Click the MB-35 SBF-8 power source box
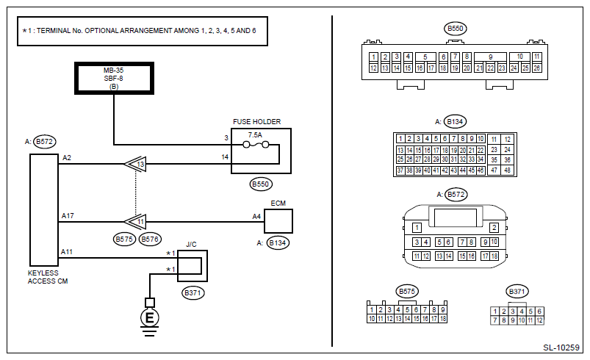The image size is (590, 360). pyautogui.click(x=114, y=78)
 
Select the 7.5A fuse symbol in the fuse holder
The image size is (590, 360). pyautogui.click(x=256, y=145)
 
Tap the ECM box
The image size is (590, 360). pyautogui.click(x=278, y=221)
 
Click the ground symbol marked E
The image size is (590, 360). pyautogui.click(x=149, y=318)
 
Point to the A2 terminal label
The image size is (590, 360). pyautogui.click(x=67, y=158)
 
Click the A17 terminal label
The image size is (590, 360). pyautogui.click(x=68, y=216)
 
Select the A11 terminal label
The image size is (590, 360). pyautogui.click(x=67, y=252)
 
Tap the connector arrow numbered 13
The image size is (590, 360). pyautogui.click(x=135, y=164)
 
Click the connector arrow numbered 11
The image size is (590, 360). pyautogui.click(x=135, y=222)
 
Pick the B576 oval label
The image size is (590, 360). pyautogui.click(x=150, y=240)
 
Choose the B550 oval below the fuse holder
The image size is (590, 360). pyautogui.click(x=261, y=184)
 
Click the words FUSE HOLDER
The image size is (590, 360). pyautogui.click(x=256, y=122)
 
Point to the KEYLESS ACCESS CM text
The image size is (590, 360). pyautogui.click(x=48, y=277)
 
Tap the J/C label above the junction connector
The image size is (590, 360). pyautogui.click(x=191, y=245)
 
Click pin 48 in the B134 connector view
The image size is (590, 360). pyautogui.click(x=507, y=170)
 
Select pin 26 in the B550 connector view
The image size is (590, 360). pyautogui.click(x=537, y=68)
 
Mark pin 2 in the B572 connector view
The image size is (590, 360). pyautogui.click(x=494, y=228)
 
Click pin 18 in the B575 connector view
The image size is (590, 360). pyautogui.click(x=443, y=319)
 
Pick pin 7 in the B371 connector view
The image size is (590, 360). pyautogui.click(x=494, y=320)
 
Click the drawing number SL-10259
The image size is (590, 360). pyautogui.click(x=561, y=348)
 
